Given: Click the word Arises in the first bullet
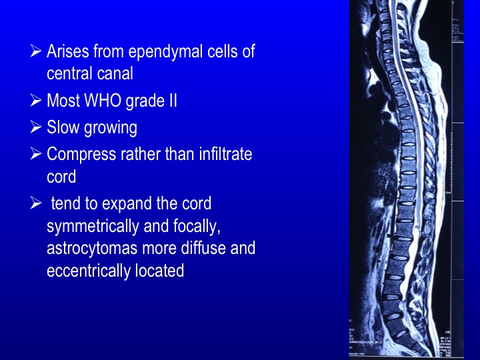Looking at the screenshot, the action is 68,51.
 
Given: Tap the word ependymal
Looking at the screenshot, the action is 165,52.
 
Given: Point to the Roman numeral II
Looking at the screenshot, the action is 173,101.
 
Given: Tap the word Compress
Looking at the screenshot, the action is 81,155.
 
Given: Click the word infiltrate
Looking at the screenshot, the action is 225,154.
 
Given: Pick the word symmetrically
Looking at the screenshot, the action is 93,227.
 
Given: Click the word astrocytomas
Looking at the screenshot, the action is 92,248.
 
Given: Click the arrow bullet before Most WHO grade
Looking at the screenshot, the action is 36,101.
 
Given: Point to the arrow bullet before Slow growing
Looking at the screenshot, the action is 36,127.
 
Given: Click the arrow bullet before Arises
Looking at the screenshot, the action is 36,51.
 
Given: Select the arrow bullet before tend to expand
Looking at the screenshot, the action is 36,203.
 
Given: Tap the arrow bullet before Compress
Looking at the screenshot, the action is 36,154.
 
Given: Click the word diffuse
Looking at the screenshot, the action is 203,247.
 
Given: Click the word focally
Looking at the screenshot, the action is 197,227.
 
